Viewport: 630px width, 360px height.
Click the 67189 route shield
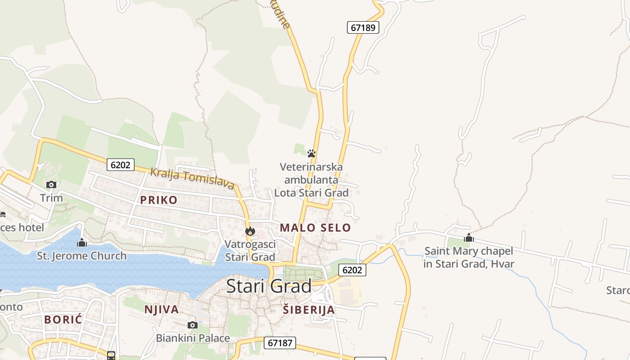point(363,27)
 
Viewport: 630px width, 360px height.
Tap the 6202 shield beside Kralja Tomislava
point(121,165)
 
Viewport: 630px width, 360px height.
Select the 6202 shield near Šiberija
point(352,270)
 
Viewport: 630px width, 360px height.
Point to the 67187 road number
point(279,343)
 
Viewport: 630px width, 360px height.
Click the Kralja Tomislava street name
point(192,178)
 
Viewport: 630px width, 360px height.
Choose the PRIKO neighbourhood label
point(158,200)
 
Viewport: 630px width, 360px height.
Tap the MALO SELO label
point(315,228)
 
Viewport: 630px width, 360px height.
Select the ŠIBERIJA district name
point(309,310)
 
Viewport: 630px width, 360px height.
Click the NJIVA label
point(162,310)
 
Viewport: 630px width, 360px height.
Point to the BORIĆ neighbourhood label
point(63,320)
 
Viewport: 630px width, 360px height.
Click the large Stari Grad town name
point(269,286)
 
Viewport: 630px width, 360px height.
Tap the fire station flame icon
point(250,231)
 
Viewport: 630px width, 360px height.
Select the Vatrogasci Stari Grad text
point(250,251)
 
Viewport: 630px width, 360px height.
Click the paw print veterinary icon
point(311,153)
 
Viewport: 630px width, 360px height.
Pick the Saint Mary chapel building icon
point(469,238)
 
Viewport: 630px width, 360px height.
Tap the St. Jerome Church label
point(81,256)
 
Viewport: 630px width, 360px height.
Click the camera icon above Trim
point(51,184)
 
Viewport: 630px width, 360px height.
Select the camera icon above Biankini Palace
point(192,325)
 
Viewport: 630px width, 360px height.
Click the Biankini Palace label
point(193,338)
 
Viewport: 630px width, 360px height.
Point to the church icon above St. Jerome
point(82,243)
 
